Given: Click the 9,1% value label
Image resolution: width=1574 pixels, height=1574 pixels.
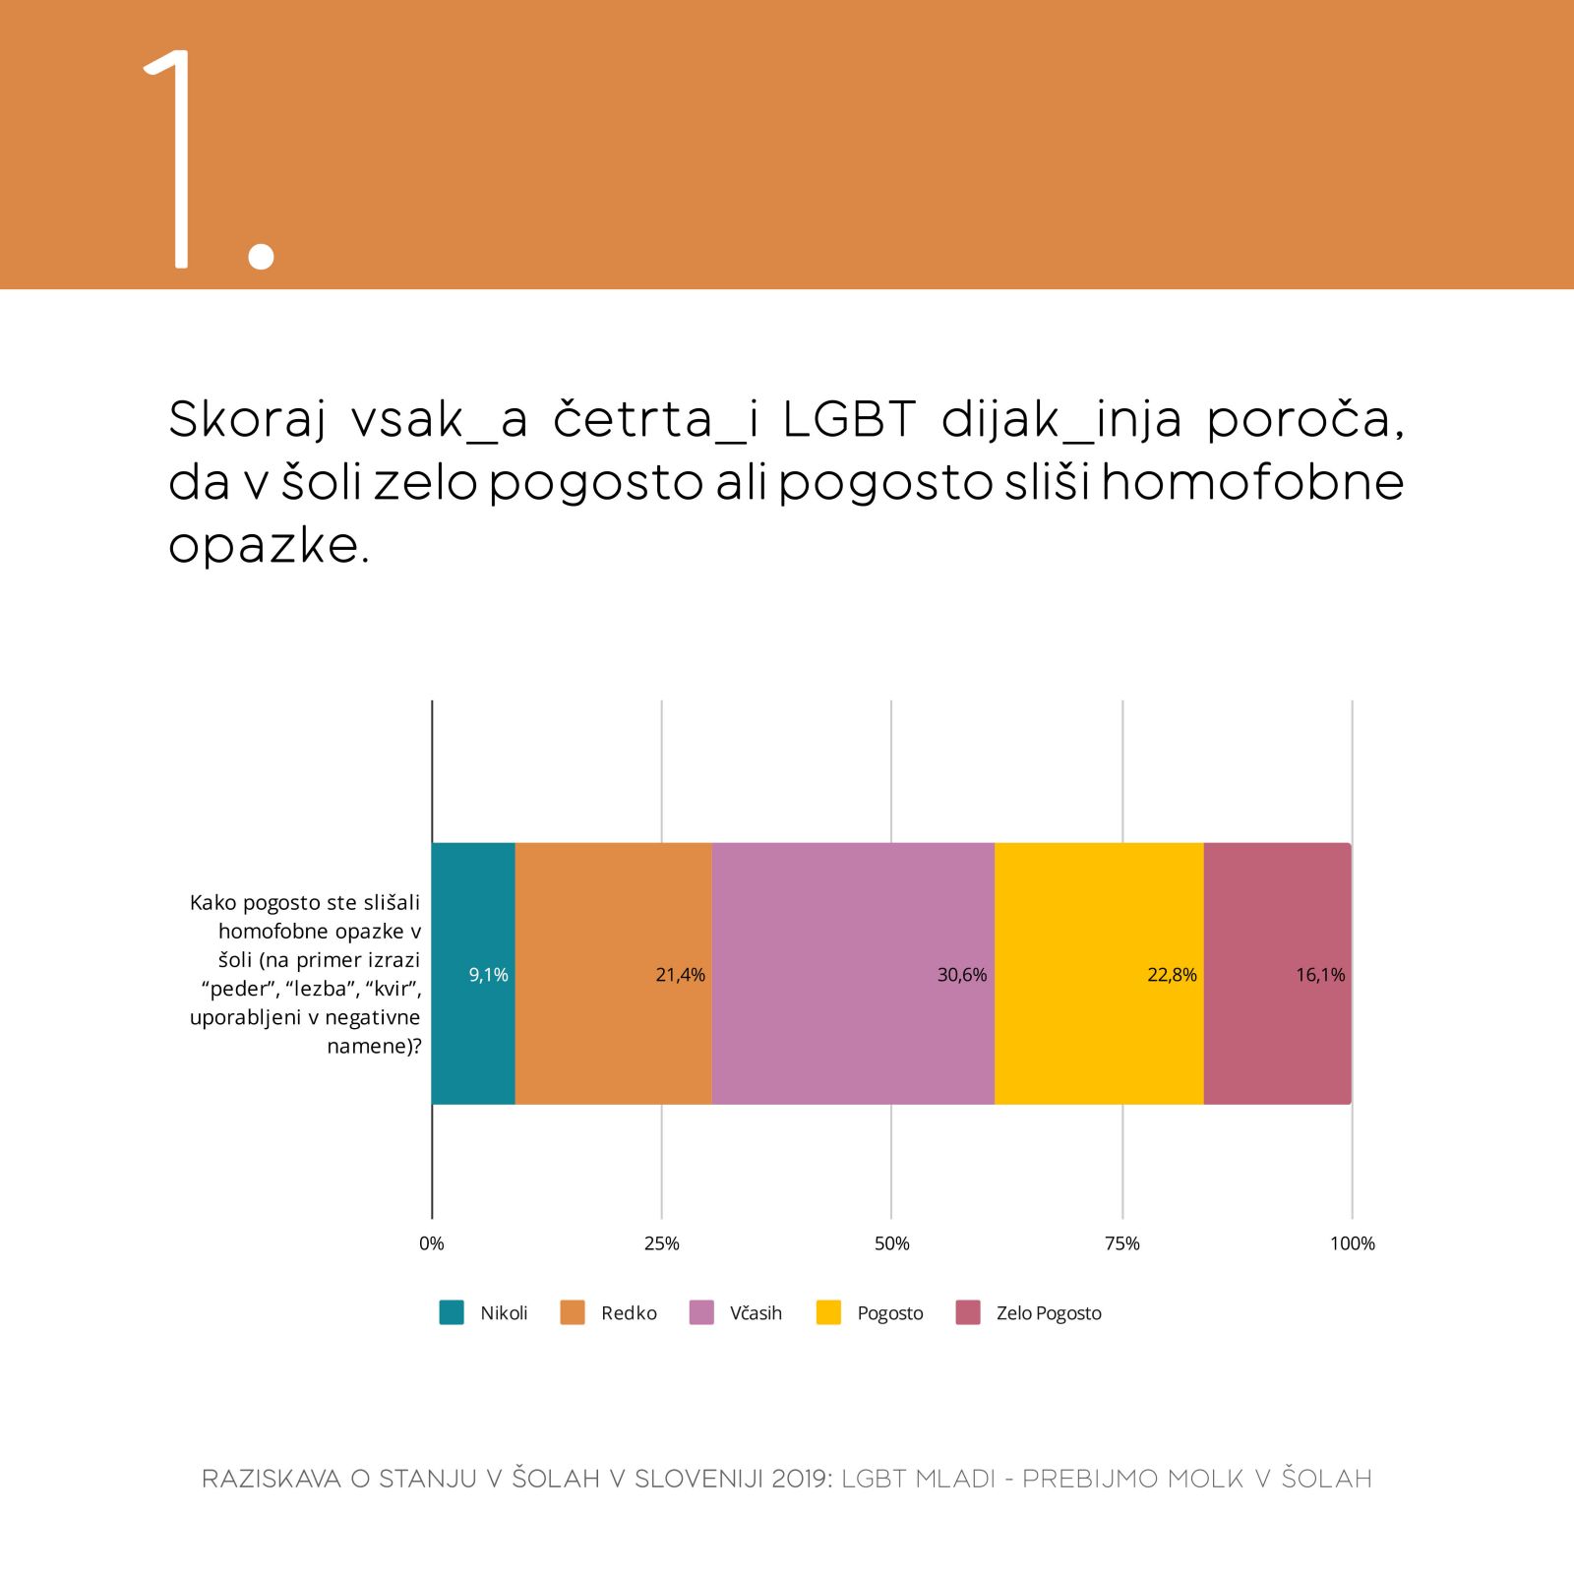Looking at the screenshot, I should [x=488, y=975].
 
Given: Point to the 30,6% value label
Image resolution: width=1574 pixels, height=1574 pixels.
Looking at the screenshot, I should [x=961, y=975].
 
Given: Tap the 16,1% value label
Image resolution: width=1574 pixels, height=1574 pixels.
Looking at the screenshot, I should [x=1319, y=975].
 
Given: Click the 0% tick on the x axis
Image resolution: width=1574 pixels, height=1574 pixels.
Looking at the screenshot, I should [x=432, y=1243].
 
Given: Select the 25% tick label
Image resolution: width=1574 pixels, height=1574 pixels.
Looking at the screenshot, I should [x=661, y=1243].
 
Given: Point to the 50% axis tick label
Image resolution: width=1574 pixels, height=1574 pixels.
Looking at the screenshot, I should [x=891, y=1243].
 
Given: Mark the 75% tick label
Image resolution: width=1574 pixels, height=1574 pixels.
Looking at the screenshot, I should [x=1121, y=1243].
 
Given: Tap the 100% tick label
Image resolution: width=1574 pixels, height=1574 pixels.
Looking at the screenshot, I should [x=1352, y=1243].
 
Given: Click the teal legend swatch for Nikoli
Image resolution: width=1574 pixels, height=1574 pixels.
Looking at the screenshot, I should [x=452, y=1312].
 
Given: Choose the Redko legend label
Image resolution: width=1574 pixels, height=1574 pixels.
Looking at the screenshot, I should [x=629, y=1313].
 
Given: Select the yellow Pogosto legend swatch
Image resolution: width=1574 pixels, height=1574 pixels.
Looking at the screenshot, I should [x=828, y=1312].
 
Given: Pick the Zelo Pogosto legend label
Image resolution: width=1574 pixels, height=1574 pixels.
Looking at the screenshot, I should [x=1049, y=1313].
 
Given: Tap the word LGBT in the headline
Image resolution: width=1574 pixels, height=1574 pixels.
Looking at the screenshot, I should [x=849, y=420].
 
